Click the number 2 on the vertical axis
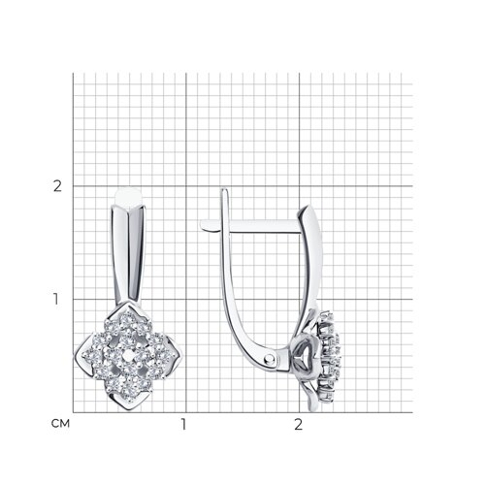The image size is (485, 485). (57, 186)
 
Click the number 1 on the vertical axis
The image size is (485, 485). (56, 300)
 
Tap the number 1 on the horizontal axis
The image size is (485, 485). (183, 425)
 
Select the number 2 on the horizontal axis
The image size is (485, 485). (299, 425)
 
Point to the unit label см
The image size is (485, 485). (60, 424)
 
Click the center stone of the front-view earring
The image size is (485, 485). (128, 356)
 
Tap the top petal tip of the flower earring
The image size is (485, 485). (129, 302)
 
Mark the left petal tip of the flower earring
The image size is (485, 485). (76, 355)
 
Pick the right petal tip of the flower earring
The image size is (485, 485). (181, 356)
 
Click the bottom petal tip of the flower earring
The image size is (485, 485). (128, 409)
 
